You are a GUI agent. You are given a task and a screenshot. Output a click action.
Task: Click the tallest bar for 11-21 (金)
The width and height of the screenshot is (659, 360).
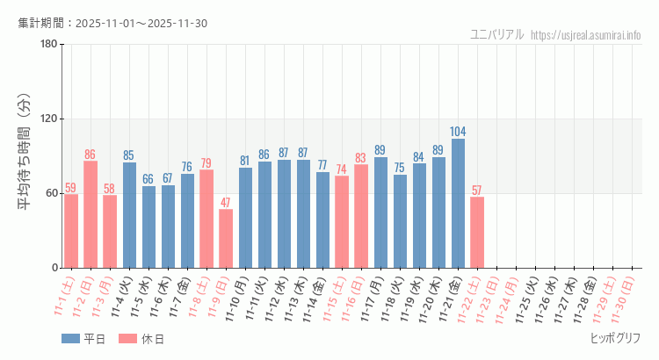[458, 203]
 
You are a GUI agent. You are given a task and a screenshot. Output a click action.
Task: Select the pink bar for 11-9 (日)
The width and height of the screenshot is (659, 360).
[226, 238]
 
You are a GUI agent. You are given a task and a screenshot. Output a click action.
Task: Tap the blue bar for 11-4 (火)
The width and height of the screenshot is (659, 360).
[129, 215]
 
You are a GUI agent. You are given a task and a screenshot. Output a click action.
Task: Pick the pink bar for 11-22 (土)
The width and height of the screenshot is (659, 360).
[477, 232]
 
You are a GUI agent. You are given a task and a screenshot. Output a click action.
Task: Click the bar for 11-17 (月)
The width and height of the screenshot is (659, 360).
[380, 212]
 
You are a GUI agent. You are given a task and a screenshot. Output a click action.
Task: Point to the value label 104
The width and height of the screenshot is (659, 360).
[458, 132]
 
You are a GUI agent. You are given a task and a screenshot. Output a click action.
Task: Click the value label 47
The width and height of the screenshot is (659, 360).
[226, 202]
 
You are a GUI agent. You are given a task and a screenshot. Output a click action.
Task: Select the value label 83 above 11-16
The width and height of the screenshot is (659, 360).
[361, 158]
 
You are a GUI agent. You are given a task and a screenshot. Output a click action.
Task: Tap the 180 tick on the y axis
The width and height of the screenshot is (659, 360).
[48, 45]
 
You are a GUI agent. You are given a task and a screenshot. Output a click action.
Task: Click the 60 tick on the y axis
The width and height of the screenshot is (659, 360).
[51, 193]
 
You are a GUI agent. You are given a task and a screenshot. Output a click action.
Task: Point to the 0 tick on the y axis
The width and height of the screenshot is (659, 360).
[54, 268]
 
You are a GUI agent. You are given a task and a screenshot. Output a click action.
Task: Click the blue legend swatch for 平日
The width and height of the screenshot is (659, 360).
[70, 339]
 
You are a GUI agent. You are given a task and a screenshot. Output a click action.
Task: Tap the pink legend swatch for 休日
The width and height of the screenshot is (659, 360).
[128, 339]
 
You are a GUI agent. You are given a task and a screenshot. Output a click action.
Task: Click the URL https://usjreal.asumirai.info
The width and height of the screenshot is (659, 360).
[587, 35]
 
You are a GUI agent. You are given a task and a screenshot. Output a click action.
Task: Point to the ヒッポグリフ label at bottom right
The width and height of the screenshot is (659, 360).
[615, 338]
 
